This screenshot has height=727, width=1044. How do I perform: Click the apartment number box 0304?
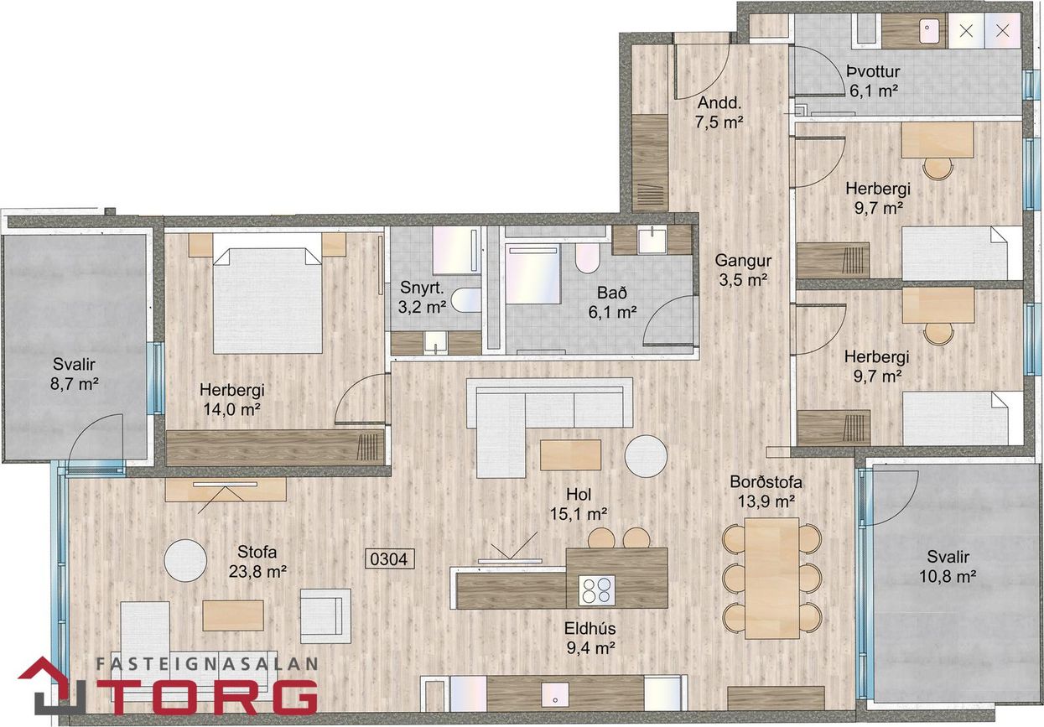[389, 558]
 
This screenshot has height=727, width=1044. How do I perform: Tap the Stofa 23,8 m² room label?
[257, 562]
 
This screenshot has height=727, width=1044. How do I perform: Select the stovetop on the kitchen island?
[596, 590]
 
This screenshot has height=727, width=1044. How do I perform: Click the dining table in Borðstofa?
[772, 578]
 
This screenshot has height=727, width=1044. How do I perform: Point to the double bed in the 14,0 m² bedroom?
[267, 300]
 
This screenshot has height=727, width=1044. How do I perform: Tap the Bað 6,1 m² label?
[612, 302]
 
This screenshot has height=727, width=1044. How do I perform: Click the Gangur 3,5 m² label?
[743, 270]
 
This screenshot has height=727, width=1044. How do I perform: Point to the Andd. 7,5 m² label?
[719, 112]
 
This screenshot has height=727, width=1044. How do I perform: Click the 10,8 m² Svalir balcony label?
[948, 567]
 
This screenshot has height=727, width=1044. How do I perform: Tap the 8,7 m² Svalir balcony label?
[74, 374]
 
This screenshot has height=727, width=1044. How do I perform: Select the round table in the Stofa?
[185, 560]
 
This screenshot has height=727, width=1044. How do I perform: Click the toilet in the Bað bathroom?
[587, 257]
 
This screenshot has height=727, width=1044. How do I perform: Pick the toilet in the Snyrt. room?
[465, 299]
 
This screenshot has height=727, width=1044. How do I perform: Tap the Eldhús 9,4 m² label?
[590, 637]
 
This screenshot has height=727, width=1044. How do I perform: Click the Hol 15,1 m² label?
[579, 504]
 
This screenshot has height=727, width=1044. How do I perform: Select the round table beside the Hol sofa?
[646, 456]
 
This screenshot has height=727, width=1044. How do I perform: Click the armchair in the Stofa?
[325, 616]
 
